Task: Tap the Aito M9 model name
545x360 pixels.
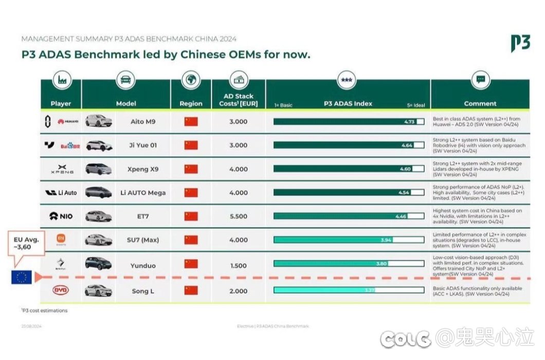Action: coord(143,122)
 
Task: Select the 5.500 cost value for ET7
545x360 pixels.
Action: coord(238,217)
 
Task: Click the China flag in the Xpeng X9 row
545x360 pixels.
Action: coord(191,169)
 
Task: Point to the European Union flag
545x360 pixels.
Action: coord(22,278)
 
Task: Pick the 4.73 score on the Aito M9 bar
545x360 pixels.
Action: coord(409,122)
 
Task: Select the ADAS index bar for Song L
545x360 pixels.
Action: coord(349,290)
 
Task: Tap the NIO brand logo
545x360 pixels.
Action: coord(61,217)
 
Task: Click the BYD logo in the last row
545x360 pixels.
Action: coord(61,290)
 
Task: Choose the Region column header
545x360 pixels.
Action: coord(191,103)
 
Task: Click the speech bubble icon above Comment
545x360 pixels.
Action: coord(480,80)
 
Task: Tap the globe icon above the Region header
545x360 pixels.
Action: coord(191,80)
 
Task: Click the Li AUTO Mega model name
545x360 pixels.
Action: coord(143,193)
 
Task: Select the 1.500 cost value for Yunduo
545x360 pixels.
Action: coord(238,266)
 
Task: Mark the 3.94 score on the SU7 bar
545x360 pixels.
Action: coord(386,240)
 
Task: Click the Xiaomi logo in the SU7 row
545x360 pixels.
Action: coord(61,238)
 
